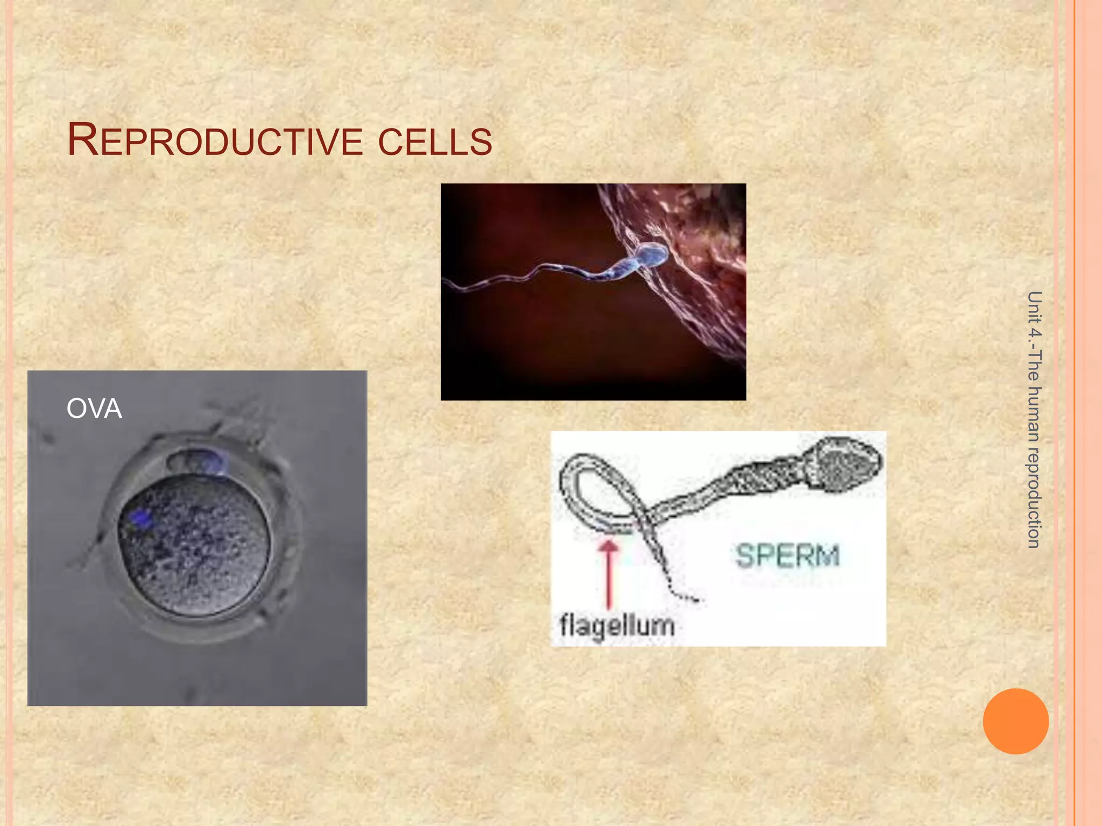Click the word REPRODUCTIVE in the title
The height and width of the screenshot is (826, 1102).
point(215,141)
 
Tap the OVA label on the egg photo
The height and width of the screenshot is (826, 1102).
point(94,409)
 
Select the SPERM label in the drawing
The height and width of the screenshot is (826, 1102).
point(787,556)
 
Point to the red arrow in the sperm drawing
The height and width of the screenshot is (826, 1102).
point(609,573)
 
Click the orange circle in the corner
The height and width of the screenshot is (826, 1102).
point(1015,721)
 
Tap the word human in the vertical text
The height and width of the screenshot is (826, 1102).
point(1034,414)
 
